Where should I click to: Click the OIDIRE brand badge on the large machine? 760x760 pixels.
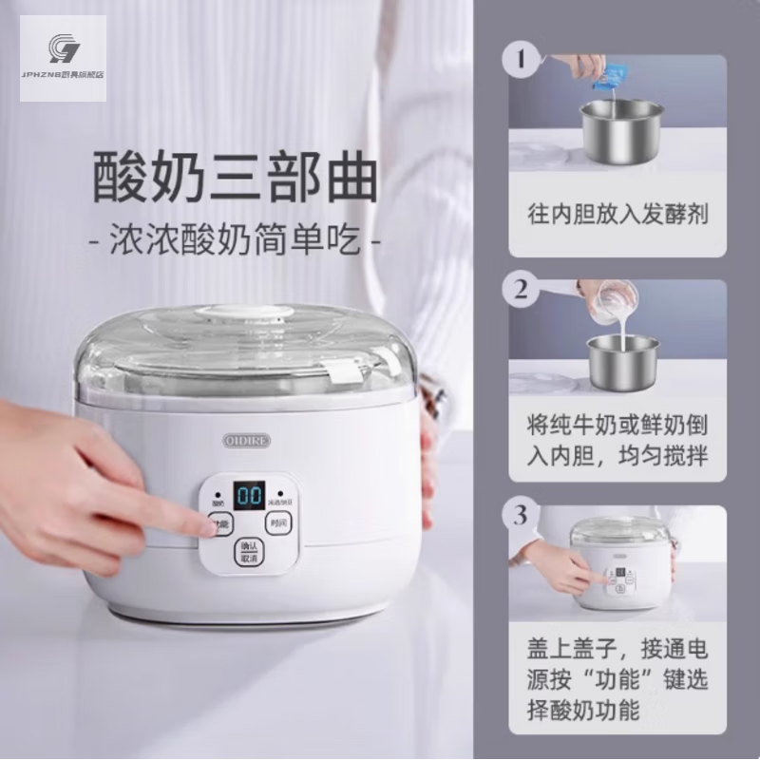coord(249,441)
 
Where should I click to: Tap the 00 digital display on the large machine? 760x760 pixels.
coord(249,496)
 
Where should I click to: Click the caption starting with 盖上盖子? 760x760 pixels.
coord(617,680)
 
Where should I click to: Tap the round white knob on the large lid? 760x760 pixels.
coord(245,316)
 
